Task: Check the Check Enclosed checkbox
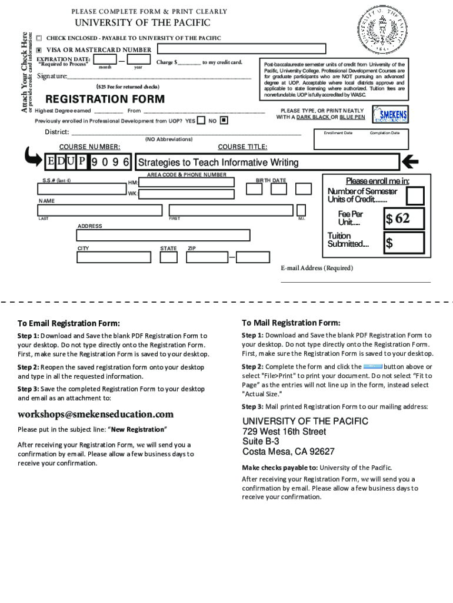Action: tap(39, 38)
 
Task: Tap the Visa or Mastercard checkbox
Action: tap(39, 49)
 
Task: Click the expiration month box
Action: tap(105, 59)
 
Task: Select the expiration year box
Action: tap(139, 59)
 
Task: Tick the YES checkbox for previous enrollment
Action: tap(201, 120)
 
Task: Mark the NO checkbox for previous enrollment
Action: tap(224, 120)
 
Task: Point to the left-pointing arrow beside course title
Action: tap(410, 161)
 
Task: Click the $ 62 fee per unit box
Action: tap(404, 218)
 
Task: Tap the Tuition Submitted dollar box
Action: tap(404, 243)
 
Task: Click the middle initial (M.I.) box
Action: tap(301, 210)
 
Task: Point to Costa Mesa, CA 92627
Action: tap(288, 452)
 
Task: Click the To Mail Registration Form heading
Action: tap(291, 323)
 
